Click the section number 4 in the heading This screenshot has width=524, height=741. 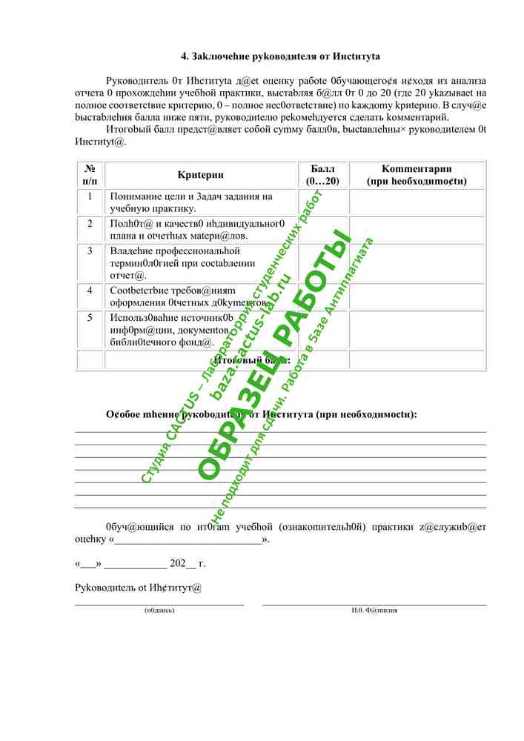(185, 56)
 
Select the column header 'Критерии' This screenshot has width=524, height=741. (201, 175)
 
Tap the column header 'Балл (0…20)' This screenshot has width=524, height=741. (322, 175)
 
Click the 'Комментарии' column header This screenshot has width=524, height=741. (417, 175)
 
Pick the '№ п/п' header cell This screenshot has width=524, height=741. (90, 175)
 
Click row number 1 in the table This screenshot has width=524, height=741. (90, 196)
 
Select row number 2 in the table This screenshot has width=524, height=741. (90, 223)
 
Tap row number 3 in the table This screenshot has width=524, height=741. (90, 250)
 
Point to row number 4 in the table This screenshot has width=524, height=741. (90, 290)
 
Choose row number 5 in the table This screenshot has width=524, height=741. (90, 317)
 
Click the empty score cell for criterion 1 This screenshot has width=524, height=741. (323, 202)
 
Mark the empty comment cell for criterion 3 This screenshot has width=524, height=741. (417, 262)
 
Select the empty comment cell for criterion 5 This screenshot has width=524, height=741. (417, 330)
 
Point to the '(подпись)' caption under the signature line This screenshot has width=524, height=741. (159, 611)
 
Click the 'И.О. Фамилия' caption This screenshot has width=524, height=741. (374, 611)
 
